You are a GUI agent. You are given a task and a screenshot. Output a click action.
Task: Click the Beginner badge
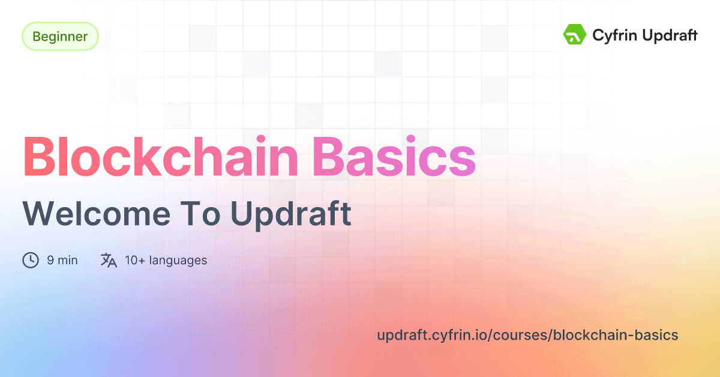point(60,37)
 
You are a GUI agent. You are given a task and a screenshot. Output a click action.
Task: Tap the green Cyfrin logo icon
point(574,35)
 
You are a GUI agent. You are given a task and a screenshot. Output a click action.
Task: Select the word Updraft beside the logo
point(670,35)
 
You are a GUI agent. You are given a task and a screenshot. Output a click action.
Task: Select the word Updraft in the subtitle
point(291,214)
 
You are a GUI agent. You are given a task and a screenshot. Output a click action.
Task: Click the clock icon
point(31,261)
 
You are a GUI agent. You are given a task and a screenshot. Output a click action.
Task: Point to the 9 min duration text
point(62,261)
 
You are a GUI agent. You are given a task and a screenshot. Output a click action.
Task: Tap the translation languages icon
point(109,261)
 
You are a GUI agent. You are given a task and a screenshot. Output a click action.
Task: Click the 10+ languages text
point(166,261)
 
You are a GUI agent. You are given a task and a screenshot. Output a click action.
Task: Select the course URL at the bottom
point(527,335)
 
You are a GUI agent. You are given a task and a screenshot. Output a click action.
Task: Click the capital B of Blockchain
point(40,157)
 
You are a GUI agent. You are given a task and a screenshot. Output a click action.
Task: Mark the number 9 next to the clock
point(50,261)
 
